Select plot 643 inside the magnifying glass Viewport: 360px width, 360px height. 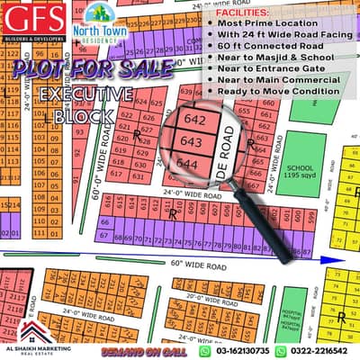click(x=190, y=142)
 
